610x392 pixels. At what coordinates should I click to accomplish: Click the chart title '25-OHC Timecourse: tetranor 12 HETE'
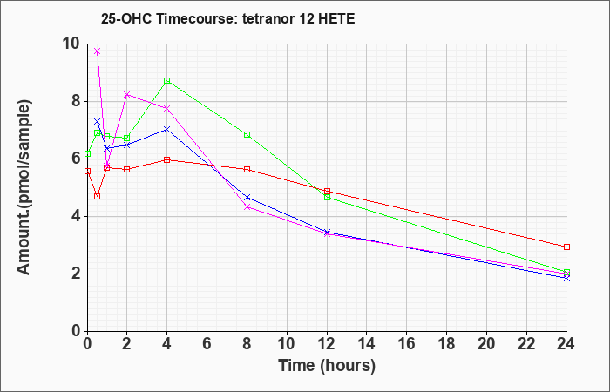(228, 18)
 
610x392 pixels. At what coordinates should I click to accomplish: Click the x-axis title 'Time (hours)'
(327, 366)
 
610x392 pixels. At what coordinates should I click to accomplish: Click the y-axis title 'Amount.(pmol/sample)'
(24, 187)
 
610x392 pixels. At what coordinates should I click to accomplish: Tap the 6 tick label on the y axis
(78, 159)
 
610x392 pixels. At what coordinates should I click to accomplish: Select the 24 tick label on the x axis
(566, 344)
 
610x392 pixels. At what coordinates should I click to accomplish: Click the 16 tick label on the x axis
(406, 344)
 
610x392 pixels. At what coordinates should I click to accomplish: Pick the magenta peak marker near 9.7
(98, 51)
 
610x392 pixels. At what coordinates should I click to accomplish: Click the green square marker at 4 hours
(167, 80)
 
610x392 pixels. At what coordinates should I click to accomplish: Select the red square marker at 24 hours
(566, 247)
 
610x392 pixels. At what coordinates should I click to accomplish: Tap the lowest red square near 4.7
(98, 196)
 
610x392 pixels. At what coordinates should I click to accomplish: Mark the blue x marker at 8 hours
(247, 198)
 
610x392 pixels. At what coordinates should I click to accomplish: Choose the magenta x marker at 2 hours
(127, 94)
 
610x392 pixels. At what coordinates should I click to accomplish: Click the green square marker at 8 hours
(247, 134)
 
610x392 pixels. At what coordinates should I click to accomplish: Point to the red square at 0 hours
(87, 171)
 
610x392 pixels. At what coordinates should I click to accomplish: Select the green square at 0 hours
(87, 154)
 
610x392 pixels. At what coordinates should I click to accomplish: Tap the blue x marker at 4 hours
(167, 129)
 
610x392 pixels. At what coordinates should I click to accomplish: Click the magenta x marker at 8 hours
(247, 207)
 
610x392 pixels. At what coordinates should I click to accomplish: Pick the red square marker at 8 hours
(247, 170)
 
